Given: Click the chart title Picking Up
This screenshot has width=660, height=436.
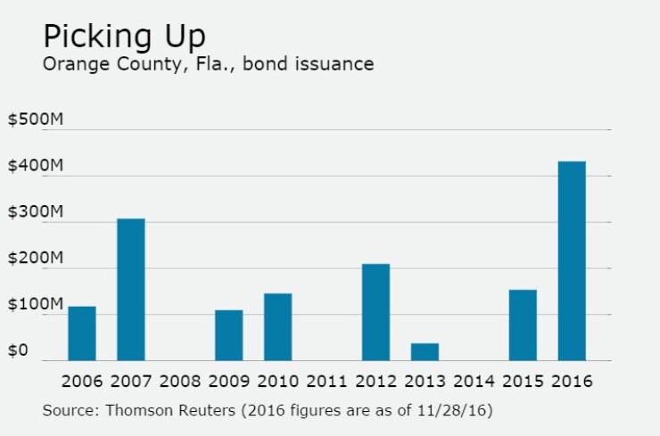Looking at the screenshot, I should point(124,37).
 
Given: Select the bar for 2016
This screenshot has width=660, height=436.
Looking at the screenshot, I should point(572,261).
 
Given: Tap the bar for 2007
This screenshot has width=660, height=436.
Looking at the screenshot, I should point(131,290).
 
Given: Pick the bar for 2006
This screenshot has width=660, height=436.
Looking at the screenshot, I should point(82,333).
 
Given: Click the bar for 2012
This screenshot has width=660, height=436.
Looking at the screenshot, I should point(375,312).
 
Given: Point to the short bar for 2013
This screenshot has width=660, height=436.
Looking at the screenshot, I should point(425,351).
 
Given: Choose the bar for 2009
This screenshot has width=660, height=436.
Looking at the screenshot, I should point(228,335).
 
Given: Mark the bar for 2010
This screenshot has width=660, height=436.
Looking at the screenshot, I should point(277,326).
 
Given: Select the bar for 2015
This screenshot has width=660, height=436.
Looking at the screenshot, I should point(523,325).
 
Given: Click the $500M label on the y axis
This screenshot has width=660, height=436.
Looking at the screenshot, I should point(35,120).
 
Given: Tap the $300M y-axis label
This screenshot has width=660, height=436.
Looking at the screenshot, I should point(35,213).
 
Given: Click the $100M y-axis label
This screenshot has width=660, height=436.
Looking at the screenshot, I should point(35,305).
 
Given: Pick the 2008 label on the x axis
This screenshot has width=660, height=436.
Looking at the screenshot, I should point(180,382).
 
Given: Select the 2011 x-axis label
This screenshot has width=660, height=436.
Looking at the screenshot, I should point(326,382).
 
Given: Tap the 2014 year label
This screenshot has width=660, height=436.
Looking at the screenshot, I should point(474,382).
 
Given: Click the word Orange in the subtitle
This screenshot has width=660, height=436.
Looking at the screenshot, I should point(71,64).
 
